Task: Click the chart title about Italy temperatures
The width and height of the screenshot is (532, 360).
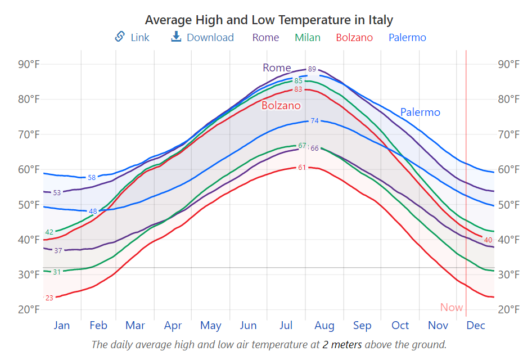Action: [269, 20]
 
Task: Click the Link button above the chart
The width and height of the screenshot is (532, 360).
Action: [132, 37]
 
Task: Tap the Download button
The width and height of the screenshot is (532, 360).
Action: [202, 37]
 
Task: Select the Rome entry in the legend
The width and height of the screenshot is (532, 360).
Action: [265, 37]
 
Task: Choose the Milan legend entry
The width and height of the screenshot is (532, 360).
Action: [308, 37]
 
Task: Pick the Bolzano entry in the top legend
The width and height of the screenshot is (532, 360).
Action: [354, 37]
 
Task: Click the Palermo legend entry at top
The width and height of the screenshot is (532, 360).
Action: [407, 37]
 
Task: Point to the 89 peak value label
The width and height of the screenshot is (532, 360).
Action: [312, 69]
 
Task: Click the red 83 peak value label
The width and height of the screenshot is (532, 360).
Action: [298, 89]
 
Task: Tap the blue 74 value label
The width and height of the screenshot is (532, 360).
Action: [314, 121]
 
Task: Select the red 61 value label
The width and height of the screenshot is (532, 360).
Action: [302, 168]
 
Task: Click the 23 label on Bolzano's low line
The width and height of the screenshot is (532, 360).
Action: [49, 298]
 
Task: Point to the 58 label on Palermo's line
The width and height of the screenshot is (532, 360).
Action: [92, 178]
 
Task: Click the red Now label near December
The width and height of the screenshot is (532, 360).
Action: [452, 307]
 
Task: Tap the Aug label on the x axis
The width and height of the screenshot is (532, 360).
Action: [324, 325]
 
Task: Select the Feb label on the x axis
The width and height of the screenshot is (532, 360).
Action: [98, 325]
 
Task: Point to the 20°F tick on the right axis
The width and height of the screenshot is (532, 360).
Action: [509, 309]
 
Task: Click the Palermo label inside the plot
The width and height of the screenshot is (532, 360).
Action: [420, 112]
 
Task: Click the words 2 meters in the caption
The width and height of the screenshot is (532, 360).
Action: [342, 344]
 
